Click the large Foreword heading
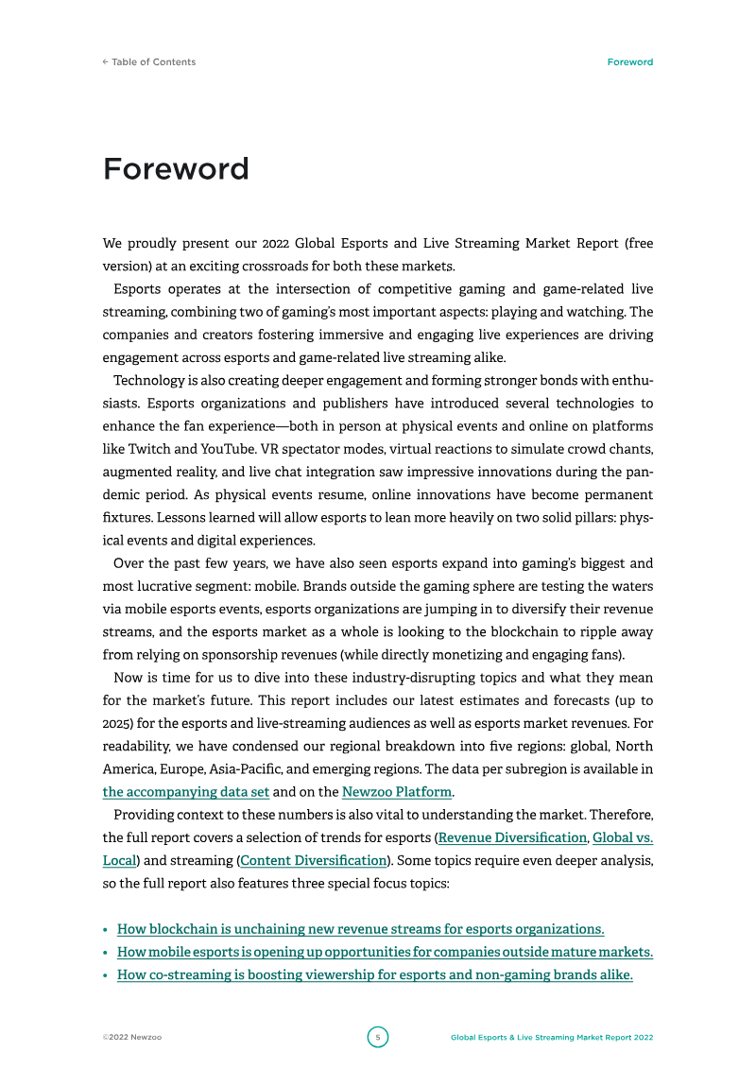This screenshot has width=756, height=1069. (176, 169)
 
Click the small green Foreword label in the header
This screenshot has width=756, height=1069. (629, 62)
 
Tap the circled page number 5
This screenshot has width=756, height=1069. (377, 1037)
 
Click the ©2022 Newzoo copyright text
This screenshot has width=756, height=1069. (131, 1037)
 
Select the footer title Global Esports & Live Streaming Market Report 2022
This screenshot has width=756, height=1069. (551, 1037)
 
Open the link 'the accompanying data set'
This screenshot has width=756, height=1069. (186, 792)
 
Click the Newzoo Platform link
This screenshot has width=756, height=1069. (397, 792)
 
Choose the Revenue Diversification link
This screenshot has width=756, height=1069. (512, 837)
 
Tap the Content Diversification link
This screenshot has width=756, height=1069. (314, 860)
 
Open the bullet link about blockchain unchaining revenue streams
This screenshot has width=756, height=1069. (360, 929)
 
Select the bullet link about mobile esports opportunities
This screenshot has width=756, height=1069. (385, 952)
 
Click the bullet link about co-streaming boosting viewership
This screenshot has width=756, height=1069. (374, 974)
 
